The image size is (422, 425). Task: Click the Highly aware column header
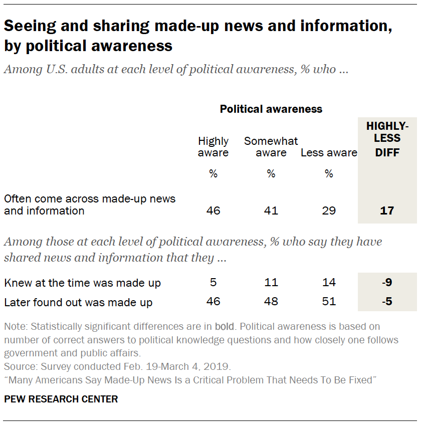[x=213, y=147]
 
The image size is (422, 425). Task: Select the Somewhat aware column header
[x=271, y=147]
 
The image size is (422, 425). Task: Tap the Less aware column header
[x=329, y=153]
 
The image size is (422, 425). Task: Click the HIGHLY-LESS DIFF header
[x=387, y=139]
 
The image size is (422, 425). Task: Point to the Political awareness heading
[x=271, y=109]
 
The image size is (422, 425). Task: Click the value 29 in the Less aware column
[x=329, y=210]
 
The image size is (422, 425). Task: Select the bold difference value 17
[x=387, y=210]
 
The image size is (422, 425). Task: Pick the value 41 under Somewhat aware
[x=271, y=210]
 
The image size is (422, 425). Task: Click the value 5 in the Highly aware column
[x=213, y=283]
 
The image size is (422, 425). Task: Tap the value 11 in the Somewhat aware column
[x=271, y=283]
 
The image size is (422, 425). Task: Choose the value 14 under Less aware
[x=329, y=283]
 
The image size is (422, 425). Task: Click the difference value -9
[x=387, y=283]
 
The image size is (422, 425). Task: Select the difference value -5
[x=387, y=302]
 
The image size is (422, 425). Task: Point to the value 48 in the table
[x=271, y=302]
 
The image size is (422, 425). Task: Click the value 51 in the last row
[x=329, y=302]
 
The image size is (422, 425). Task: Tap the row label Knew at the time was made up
[x=82, y=283]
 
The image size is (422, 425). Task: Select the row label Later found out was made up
[x=78, y=302]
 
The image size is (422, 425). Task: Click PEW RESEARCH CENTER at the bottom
[x=61, y=399]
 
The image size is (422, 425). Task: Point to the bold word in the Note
[x=225, y=327]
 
